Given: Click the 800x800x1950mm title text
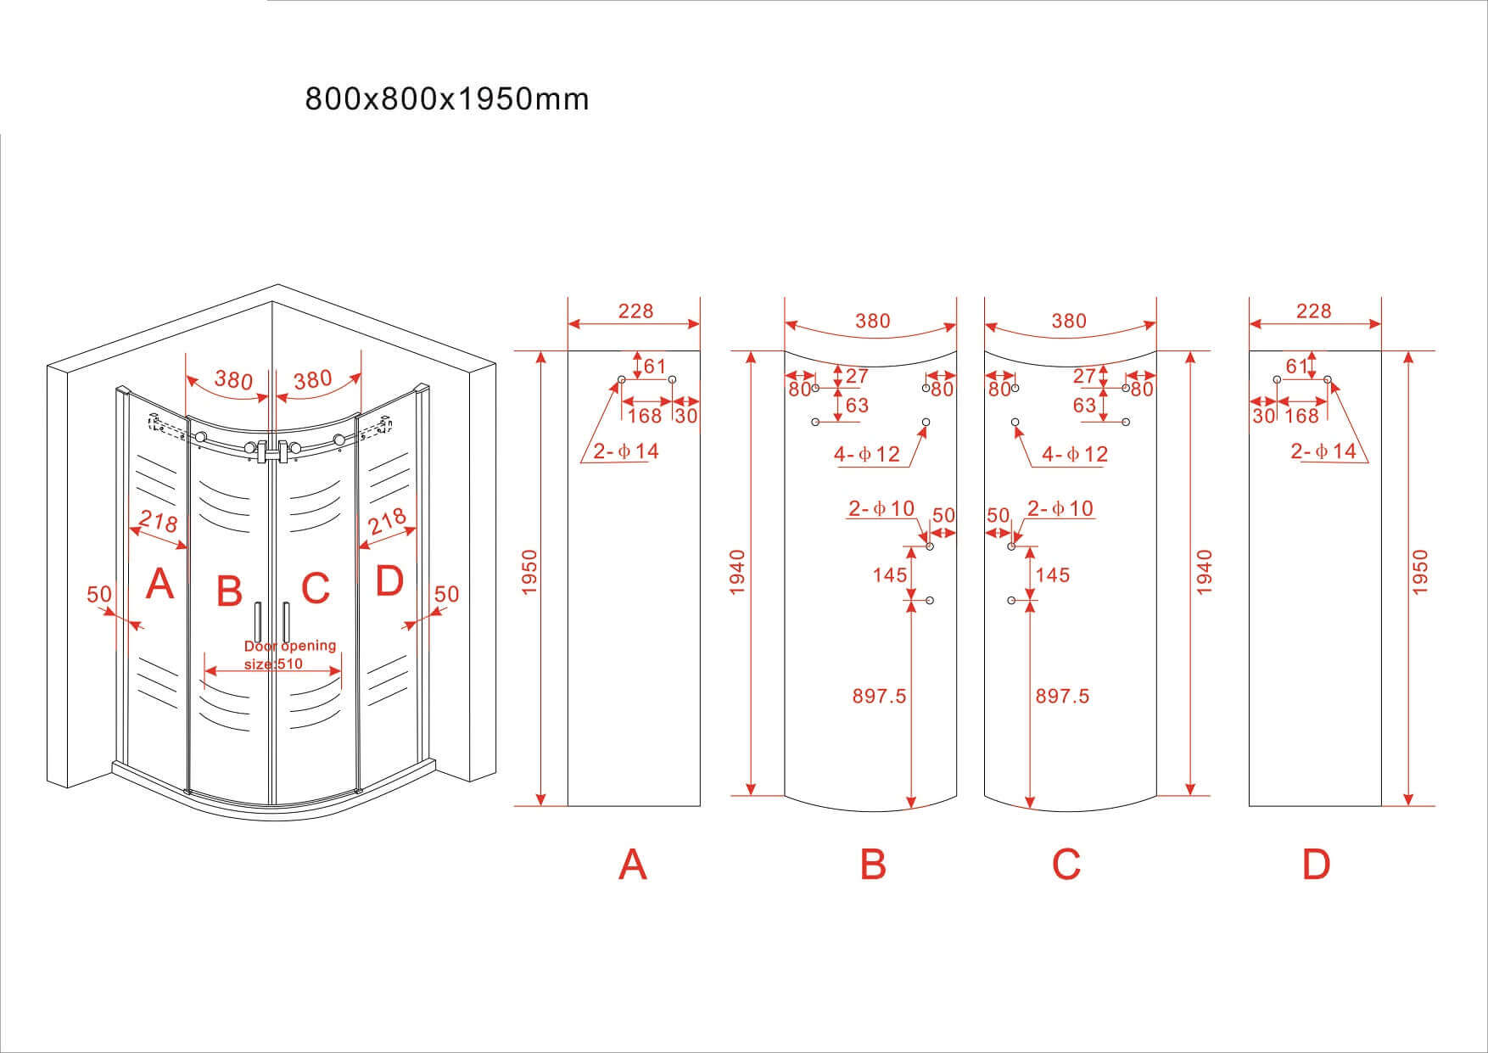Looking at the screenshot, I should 446,100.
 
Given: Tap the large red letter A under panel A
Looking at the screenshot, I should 633,865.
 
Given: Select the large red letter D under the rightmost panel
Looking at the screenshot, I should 1316,865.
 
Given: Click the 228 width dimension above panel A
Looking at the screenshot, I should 635,311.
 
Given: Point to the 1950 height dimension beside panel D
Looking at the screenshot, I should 1422,572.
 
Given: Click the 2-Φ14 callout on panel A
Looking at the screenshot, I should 626,451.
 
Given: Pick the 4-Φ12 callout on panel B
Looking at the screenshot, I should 866,455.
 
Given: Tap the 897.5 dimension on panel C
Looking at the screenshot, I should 1062,697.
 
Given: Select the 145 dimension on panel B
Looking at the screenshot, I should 889,575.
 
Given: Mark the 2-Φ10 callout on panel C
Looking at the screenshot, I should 1060,509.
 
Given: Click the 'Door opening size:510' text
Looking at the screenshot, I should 289,654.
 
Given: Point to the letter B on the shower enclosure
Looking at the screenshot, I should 229,591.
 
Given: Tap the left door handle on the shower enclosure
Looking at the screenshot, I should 256,624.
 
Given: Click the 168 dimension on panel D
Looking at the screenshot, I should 1302,416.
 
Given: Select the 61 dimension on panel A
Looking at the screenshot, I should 655,367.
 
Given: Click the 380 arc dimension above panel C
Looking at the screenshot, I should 1068,321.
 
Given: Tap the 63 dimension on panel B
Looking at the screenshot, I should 857,406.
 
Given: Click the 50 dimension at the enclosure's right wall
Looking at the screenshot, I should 446,594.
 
